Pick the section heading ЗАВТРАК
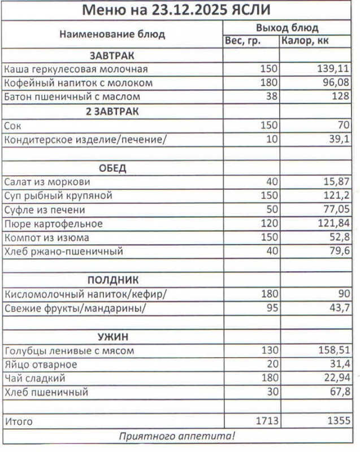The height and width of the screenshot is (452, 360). click(112, 55)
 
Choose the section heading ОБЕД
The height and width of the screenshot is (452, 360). click(112, 168)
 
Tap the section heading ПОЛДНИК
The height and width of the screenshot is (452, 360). click(112, 280)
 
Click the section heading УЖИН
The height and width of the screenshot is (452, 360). click(112, 337)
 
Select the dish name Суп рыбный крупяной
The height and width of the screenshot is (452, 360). click(58, 196)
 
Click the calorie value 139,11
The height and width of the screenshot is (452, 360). click(333, 69)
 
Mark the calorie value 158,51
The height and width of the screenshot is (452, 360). click(333, 351)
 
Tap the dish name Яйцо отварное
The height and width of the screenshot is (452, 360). click(40, 365)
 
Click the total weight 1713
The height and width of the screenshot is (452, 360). click(266, 421)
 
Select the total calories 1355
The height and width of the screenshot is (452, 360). click(337, 421)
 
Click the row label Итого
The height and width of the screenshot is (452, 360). click(18, 421)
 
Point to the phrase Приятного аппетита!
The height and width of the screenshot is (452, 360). click(176, 436)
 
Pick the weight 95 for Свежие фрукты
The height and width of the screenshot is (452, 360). click(272, 308)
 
